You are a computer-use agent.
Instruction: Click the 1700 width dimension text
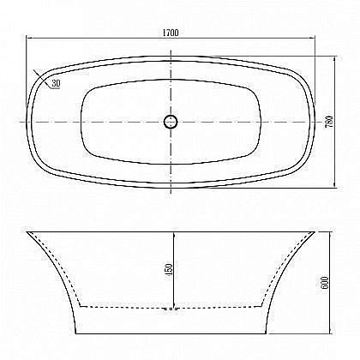(170, 33)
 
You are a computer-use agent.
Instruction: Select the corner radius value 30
(56, 84)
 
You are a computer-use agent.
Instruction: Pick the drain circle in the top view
(171, 121)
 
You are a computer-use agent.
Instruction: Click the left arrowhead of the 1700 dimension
(28, 39)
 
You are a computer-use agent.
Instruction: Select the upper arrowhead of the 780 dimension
(333, 58)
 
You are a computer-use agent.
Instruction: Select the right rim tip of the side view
(315, 231)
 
